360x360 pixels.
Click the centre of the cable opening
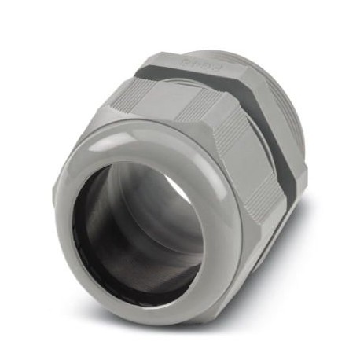142,227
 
